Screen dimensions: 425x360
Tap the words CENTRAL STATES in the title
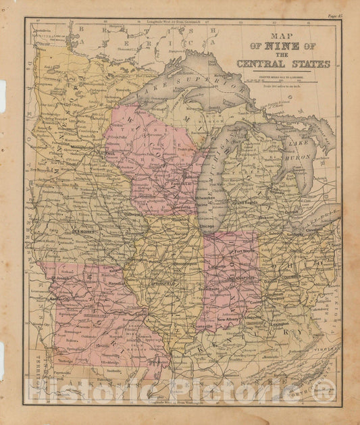(283, 65)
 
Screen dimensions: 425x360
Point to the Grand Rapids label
(247, 202)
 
